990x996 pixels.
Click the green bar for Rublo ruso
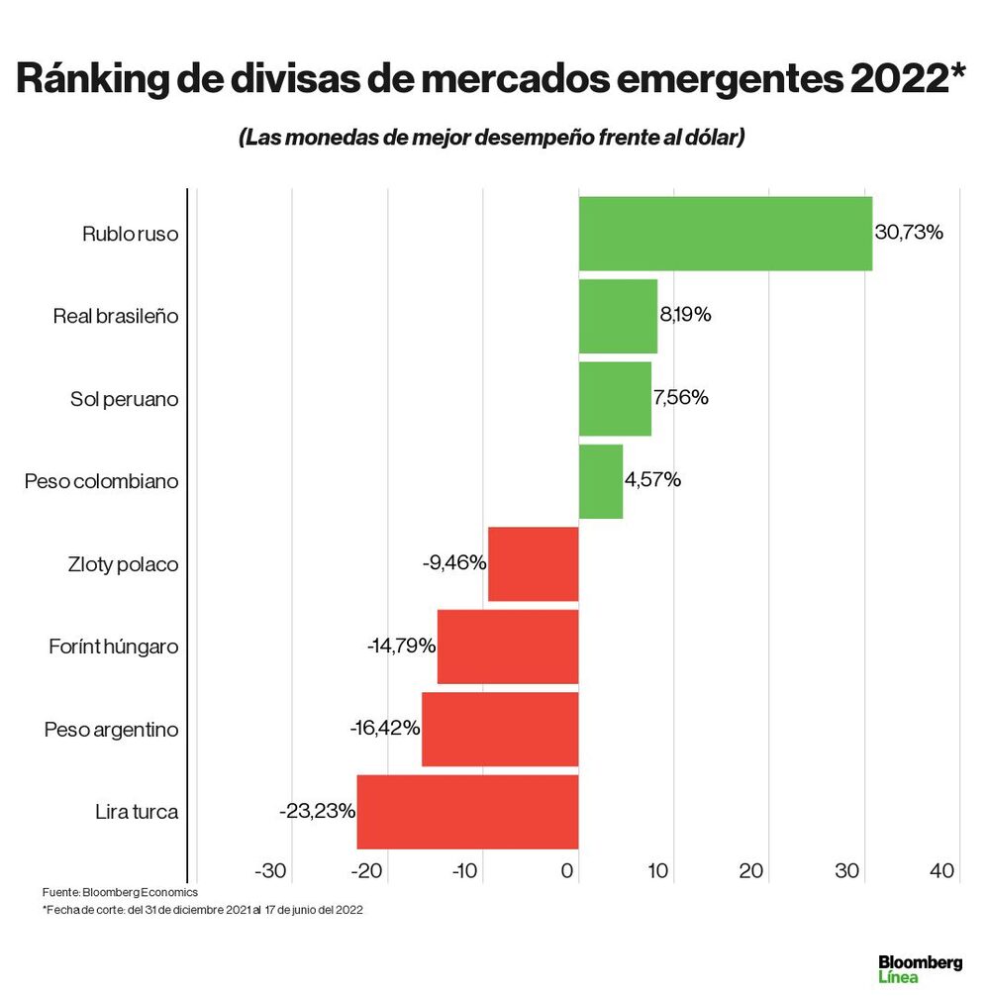(x=725, y=234)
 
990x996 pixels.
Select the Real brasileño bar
(x=618, y=316)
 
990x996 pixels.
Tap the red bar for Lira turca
(x=467, y=812)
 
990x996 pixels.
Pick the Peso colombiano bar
(x=600, y=481)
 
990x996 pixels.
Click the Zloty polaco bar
(x=533, y=563)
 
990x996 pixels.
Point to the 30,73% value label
(x=909, y=233)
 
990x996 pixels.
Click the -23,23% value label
(x=317, y=812)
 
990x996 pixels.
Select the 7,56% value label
(x=680, y=398)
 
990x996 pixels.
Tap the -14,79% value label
(x=401, y=647)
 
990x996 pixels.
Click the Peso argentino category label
(x=111, y=730)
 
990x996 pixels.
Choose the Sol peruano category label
(x=124, y=399)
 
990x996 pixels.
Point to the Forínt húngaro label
(x=113, y=647)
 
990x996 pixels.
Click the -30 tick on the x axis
(x=270, y=871)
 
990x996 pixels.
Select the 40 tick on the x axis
(x=941, y=871)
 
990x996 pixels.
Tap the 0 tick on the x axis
(x=568, y=871)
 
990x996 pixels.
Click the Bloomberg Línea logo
(x=920, y=969)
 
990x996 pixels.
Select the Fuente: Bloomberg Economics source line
(x=120, y=893)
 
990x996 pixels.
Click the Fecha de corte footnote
(x=202, y=910)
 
